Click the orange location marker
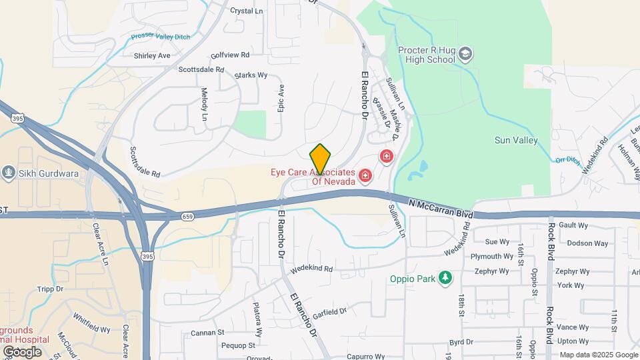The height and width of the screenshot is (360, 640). (321, 160)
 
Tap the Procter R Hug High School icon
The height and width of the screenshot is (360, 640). (465, 54)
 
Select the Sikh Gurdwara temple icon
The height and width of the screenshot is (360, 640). (9, 173)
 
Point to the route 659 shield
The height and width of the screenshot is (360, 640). (187, 216)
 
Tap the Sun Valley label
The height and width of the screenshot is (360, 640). (516, 140)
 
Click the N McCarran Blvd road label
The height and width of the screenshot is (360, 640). (441, 209)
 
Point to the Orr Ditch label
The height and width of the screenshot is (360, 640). (567, 159)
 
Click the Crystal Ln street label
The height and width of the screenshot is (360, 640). (246, 11)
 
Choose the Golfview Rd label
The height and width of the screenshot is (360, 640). (229, 55)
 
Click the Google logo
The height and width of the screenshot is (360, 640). (22, 351)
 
